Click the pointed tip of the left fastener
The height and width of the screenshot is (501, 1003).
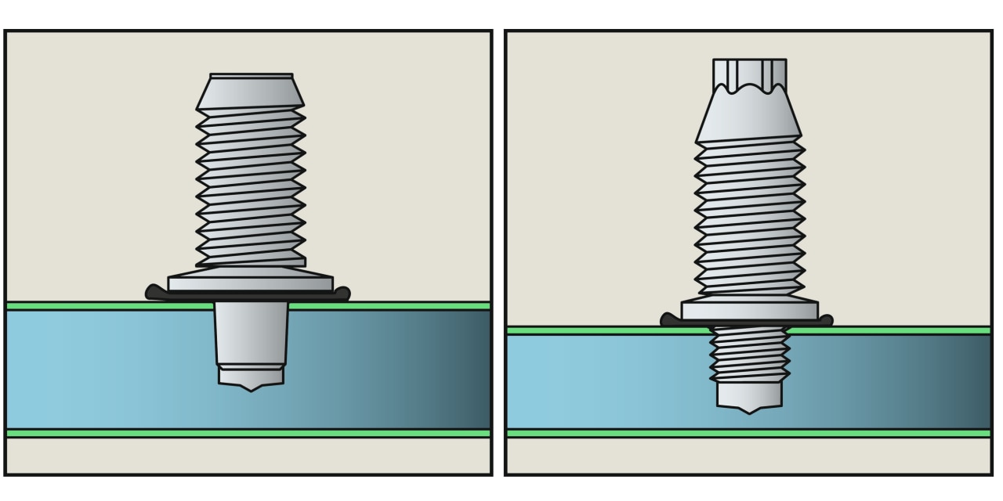tap(251, 387)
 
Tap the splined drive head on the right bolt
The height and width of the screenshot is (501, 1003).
tap(749, 74)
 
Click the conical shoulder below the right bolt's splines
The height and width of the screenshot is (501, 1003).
tap(748, 117)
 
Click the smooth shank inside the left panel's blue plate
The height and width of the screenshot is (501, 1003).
tap(251, 332)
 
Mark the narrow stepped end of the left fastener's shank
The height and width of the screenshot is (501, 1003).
tap(251, 373)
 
